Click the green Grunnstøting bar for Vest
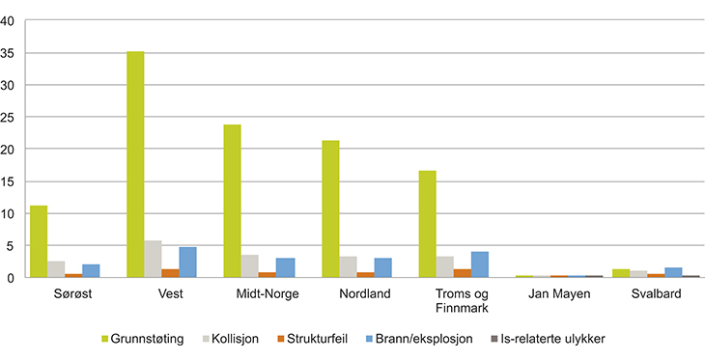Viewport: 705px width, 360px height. (x=135, y=164)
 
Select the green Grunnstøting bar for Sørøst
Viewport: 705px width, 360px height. (x=39, y=241)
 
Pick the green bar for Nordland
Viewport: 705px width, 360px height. (x=330, y=208)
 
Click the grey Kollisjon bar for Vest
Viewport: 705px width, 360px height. (x=153, y=259)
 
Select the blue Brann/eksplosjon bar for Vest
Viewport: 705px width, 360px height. (x=188, y=263)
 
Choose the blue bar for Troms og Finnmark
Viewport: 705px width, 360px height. (x=480, y=264)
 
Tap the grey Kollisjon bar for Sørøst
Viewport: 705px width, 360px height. (x=56, y=269)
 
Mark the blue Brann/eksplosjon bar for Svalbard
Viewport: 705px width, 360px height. (x=674, y=272)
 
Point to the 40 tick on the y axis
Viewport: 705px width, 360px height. (x=9, y=21)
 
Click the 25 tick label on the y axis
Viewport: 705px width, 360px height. (x=9, y=118)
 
